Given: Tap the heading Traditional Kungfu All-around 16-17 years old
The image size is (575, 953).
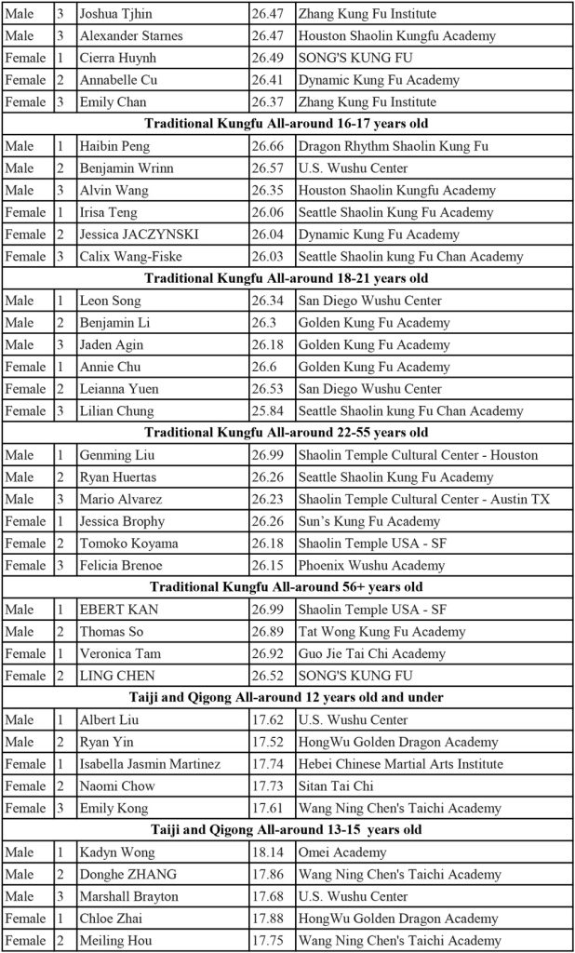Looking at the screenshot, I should [x=287, y=124].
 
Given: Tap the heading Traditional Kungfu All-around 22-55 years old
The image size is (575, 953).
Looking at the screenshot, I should [x=287, y=433].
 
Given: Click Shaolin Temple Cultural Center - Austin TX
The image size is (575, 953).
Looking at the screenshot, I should [x=424, y=499].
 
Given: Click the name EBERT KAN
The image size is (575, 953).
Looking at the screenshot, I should [x=118, y=610].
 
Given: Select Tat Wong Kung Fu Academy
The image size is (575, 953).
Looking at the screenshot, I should [x=382, y=631].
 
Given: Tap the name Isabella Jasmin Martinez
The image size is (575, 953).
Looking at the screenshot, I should [x=150, y=764].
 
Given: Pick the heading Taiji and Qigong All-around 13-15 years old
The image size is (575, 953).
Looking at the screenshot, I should [x=287, y=830].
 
